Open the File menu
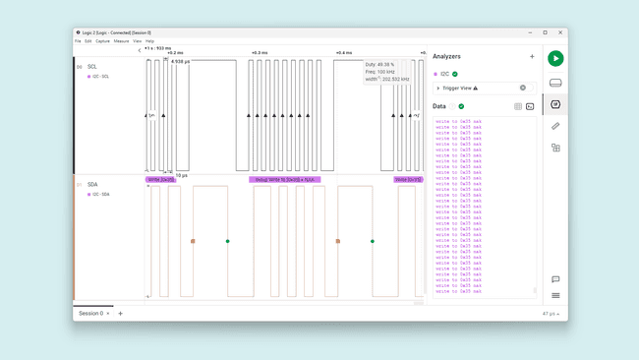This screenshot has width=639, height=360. tap(78, 41)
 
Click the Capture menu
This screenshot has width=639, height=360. tap(102, 41)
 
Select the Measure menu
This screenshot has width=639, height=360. tap(121, 41)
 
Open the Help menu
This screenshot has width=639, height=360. tap(149, 41)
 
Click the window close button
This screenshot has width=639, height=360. tap(560, 32)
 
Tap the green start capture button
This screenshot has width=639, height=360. tap(555, 59)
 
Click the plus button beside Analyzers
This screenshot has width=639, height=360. tap(533, 56)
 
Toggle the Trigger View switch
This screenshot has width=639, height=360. tap(523, 88)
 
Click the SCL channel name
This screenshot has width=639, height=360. tap(92, 67)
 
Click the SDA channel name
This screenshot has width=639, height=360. tap(92, 184)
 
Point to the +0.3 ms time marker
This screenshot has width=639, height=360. tap(260, 53)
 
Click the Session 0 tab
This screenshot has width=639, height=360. tap(91, 313)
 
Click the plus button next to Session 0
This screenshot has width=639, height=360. tap(121, 313)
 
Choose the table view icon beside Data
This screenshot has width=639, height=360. tap(518, 106)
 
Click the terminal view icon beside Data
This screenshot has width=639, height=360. tap(530, 106)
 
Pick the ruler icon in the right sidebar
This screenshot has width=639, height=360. tap(555, 126)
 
